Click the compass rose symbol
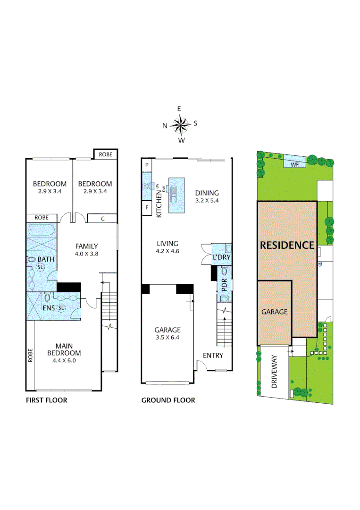(180, 125)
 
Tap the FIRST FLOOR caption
(46, 400)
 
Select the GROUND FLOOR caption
(168, 400)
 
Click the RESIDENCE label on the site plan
(287, 245)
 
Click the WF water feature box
(295, 164)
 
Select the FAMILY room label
(86, 246)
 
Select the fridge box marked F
(147, 208)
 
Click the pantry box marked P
(147, 165)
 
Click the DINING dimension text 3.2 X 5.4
(207, 200)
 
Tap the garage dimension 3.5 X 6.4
(167, 337)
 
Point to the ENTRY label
(213, 356)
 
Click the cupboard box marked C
(102, 218)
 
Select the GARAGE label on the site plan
(275, 312)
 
